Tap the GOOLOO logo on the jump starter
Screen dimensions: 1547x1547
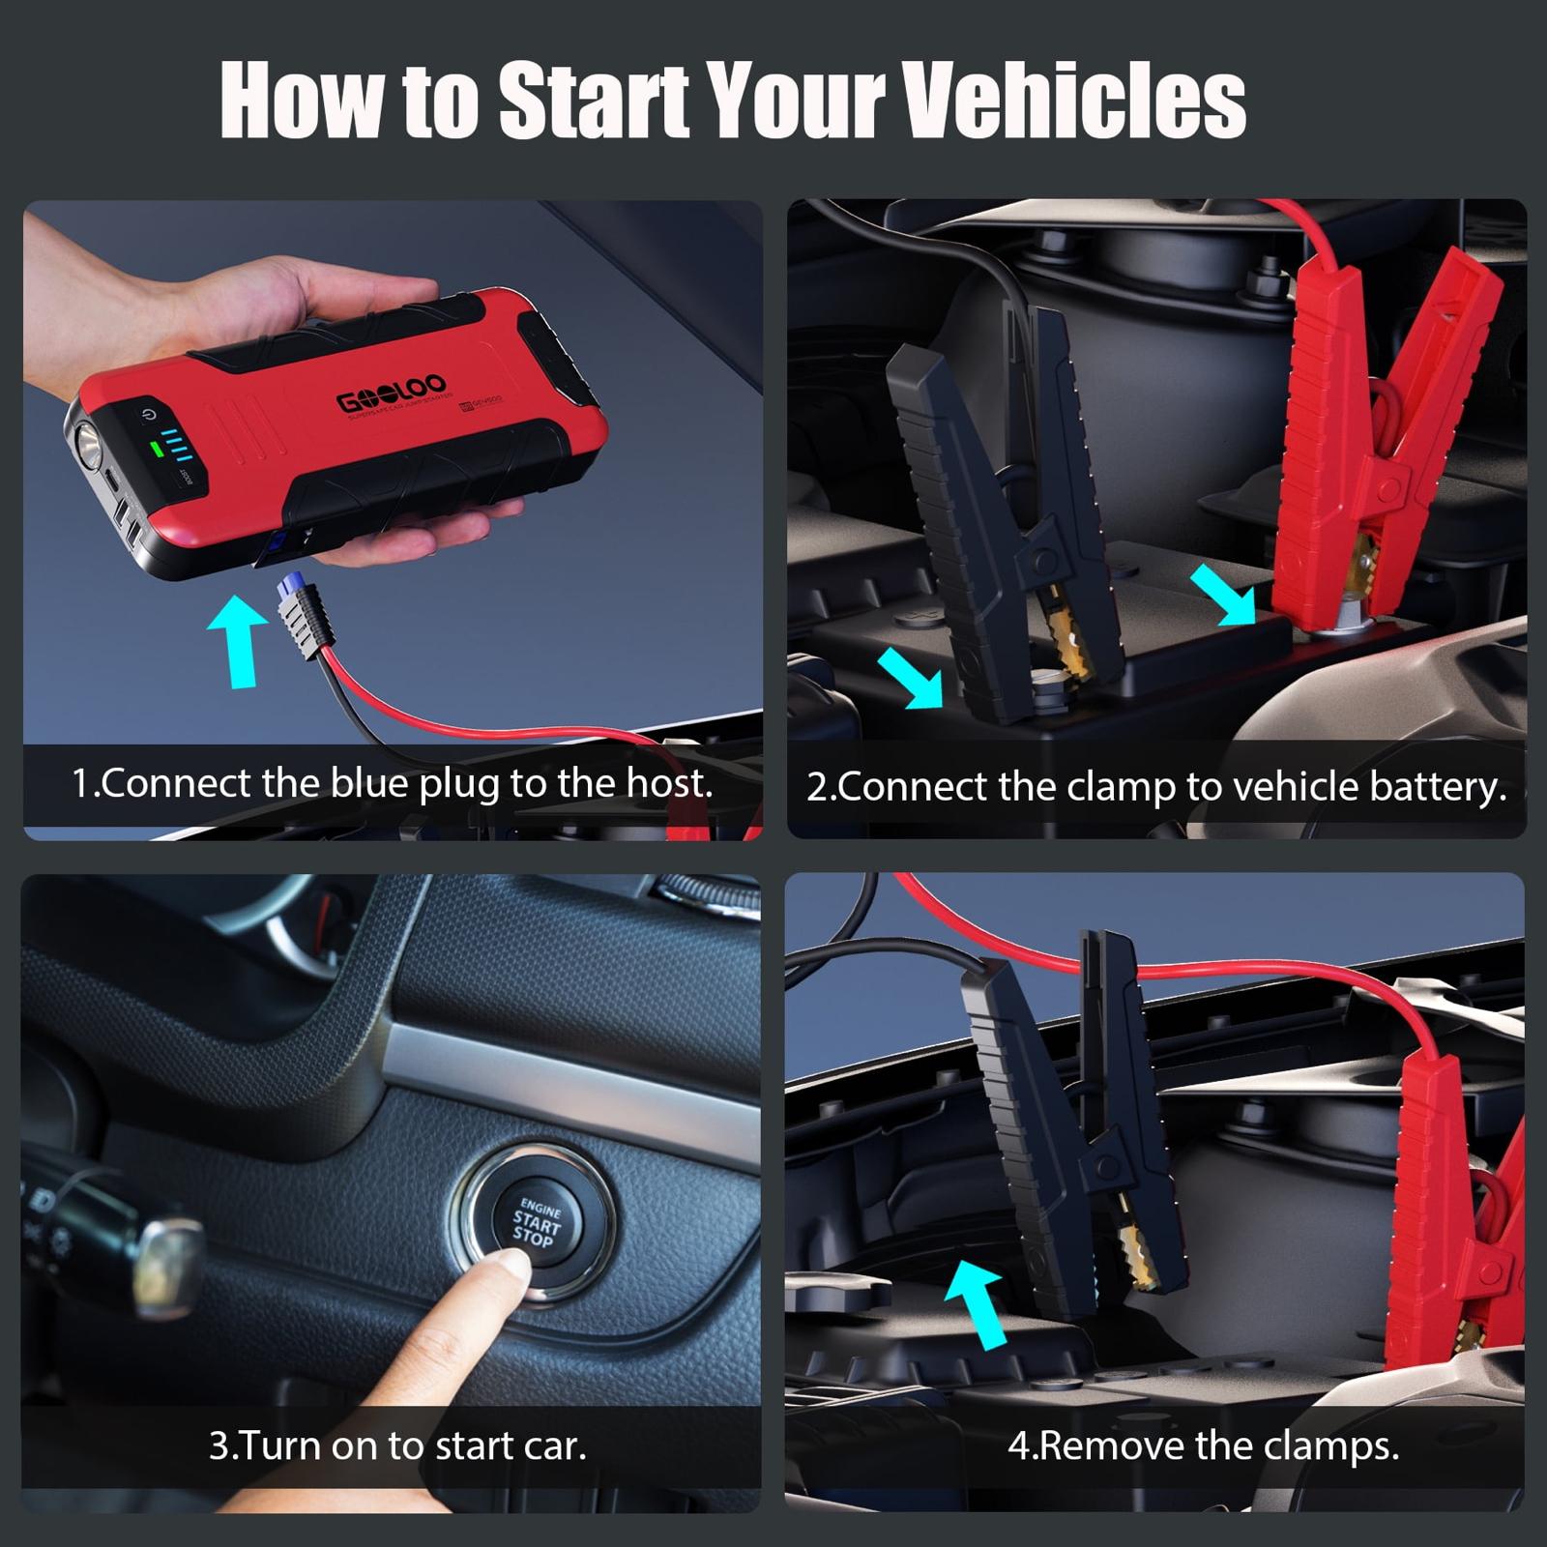(x=391, y=393)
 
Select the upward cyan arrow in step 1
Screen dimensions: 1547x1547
(x=238, y=640)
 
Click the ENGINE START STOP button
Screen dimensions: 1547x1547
(x=535, y=1223)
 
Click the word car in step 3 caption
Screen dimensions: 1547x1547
(x=554, y=1446)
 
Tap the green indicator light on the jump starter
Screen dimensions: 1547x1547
(x=153, y=449)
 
